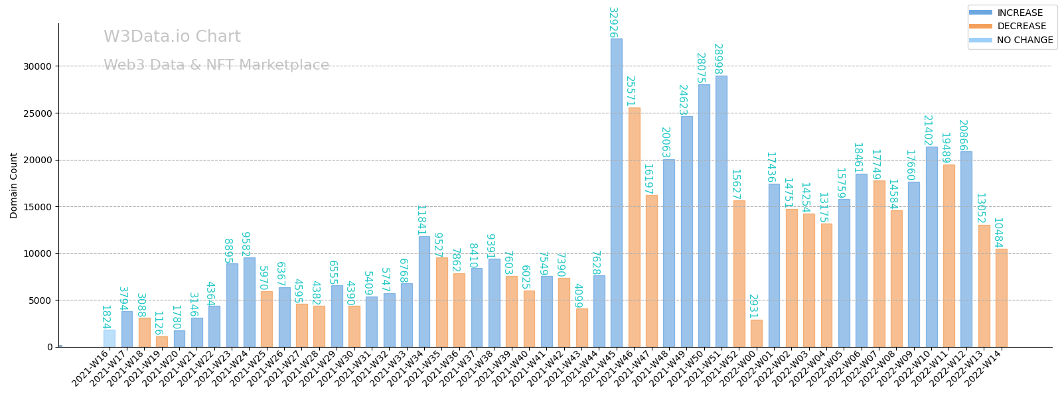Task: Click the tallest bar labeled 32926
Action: point(617,192)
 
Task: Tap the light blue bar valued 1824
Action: point(109,338)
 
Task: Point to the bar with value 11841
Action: point(424,291)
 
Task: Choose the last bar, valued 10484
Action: point(1001,298)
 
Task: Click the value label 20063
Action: point(665,143)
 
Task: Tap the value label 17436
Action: point(771,167)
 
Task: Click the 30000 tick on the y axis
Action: point(37,66)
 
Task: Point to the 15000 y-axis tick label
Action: point(37,207)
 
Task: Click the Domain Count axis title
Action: point(14,185)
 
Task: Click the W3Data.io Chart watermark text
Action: point(172,37)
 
